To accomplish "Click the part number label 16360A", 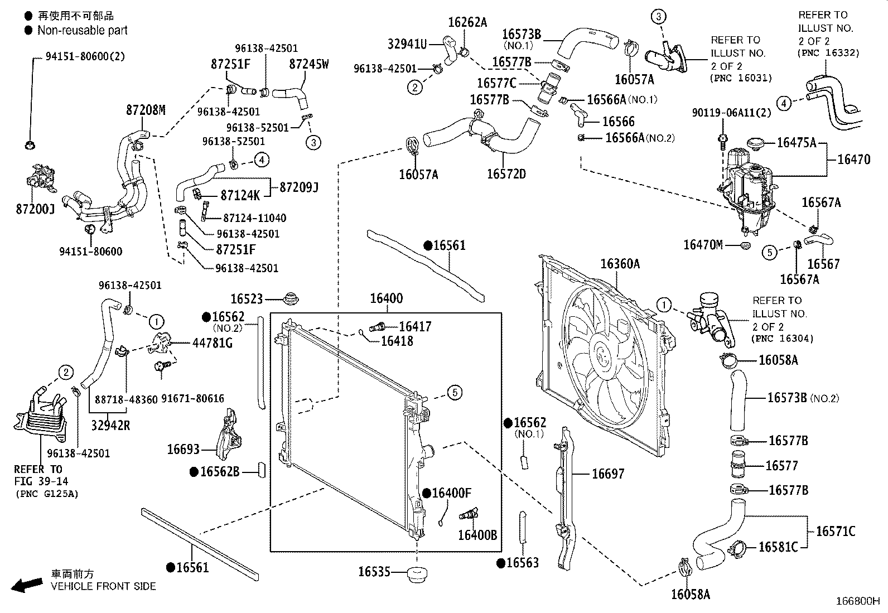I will tap(620, 264).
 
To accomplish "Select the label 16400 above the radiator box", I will tap(386, 299).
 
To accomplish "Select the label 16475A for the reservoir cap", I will tap(797, 143).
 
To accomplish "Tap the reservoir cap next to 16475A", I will tap(757, 143).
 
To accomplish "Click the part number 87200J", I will tap(35, 210).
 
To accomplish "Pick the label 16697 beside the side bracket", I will tap(608, 474).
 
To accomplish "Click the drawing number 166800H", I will tap(857, 601).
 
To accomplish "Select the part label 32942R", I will tap(111, 426).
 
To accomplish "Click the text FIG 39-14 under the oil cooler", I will tap(38, 481).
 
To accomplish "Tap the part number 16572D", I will tap(506, 174).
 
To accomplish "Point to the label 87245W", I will tap(309, 64).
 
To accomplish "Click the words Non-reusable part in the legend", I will tap(82, 31).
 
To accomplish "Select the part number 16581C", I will tap(778, 547).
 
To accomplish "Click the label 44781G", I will tap(212, 342).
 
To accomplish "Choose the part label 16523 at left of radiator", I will tap(247, 300).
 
